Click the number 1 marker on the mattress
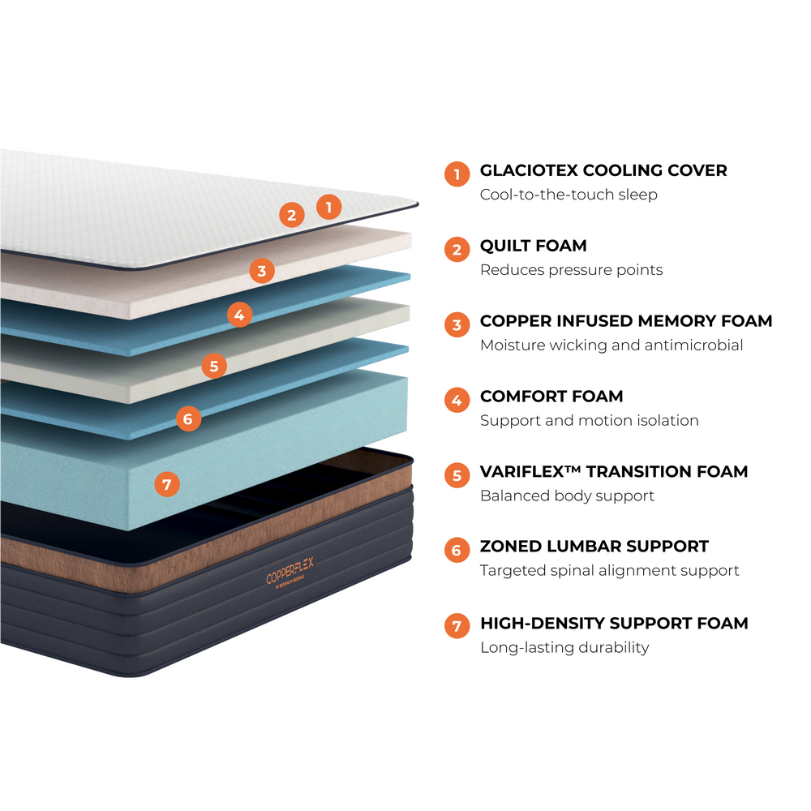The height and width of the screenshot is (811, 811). point(328,207)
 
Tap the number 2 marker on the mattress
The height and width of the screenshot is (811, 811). point(291,215)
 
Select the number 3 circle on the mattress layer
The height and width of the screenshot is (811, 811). point(261,271)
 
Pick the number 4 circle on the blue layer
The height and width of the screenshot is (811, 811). point(238,314)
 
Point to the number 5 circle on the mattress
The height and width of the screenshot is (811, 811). point(213,366)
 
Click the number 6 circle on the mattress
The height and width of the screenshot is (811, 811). point(187,418)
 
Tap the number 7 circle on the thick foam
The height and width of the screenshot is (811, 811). point(166,485)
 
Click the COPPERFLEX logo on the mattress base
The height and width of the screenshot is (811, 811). point(290,572)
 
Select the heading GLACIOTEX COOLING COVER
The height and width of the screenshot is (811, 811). point(603,170)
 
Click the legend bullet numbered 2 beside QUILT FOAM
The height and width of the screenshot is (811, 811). point(457,249)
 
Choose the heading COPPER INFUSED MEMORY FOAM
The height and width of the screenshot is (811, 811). point(626,321)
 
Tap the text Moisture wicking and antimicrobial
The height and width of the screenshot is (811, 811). point(611,345)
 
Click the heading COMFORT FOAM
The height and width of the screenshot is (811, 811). point(551,397)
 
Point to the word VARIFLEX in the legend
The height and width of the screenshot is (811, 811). point(527,471)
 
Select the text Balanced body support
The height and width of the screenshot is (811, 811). point(567,496)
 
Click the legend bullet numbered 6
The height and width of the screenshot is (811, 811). point(457,550)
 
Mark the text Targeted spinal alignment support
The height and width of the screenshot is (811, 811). point(609,570)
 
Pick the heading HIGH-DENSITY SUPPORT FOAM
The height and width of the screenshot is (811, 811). point(614,623)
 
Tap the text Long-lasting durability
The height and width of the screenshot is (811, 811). point(564,647)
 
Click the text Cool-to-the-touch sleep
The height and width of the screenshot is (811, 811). point(569,195)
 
